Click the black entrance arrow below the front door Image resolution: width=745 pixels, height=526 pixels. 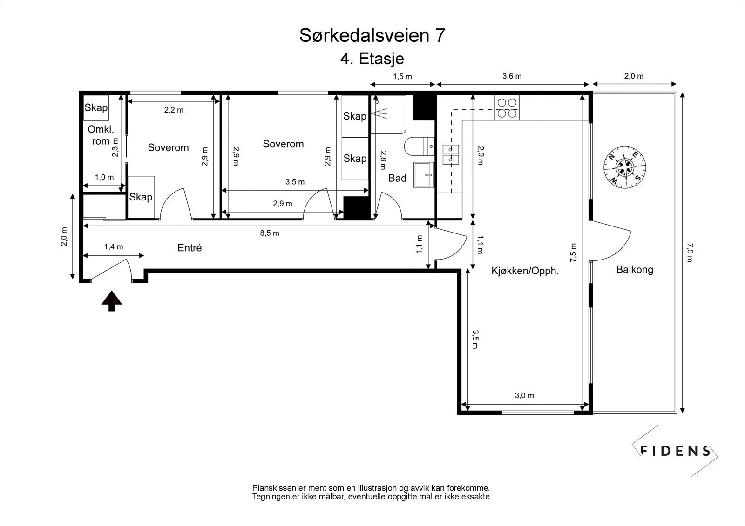click(x=112, y=301)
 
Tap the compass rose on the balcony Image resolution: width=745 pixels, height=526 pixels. click(x=625, y=167)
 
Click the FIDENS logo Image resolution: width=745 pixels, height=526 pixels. click(x=675, y=450)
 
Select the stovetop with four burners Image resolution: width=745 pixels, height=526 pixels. click(x=507, y=107)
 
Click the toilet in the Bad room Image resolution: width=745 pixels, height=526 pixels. click(x=418, y=146)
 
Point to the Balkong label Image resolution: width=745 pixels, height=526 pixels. click(x=634, y=269)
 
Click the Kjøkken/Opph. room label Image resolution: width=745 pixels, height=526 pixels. click(x=525, y=271)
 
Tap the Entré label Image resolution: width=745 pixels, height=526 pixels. click(x=190, y=248)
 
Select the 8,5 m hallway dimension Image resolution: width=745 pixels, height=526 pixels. click(x=269, y=233)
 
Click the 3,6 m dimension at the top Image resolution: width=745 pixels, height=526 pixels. click(x=512, y=76)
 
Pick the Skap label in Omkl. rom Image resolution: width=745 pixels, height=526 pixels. click(x=96, y=108)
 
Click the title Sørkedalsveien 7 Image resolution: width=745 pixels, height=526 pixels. click(x=372, y=35)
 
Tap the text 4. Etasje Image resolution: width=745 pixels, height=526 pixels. click(x=372, y=59)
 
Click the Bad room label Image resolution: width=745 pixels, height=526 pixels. click(x=397, y=178)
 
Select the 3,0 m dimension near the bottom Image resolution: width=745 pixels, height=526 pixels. click(x=524, y=396)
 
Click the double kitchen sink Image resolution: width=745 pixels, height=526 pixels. click(x=450, y=154)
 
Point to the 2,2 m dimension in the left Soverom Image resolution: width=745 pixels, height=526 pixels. click(x=173, y=110)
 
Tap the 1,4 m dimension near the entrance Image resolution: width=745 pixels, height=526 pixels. click(x=113, y=247)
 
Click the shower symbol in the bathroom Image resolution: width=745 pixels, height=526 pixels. click(x=381, y=113)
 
